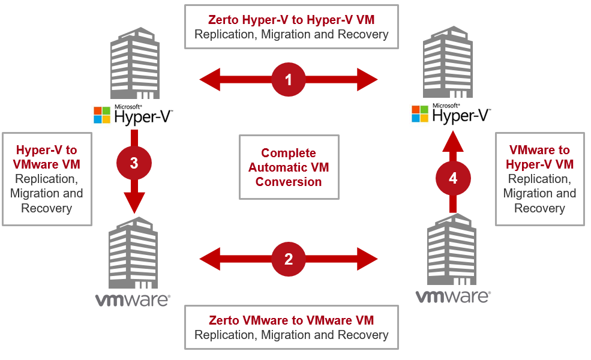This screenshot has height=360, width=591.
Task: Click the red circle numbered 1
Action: click(289, 79)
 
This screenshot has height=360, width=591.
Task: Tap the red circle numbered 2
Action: click(289, 259)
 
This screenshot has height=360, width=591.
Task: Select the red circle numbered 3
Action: click(134, 164)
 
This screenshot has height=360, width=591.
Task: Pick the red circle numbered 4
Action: click(453, 178)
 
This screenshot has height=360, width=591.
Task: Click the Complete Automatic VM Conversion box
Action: click(289, 167)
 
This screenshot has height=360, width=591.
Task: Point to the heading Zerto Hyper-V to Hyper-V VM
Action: click(291, 20)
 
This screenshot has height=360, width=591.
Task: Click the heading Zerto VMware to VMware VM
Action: click(291, 320)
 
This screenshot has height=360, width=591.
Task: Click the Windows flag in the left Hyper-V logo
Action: click(102, 115)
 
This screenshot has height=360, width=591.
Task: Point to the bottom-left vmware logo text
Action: click(133, 299)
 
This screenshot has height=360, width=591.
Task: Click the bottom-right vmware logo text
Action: click(453, 296)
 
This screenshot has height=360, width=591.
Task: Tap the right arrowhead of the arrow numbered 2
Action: click(368, 259)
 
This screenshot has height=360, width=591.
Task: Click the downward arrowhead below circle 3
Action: click(134, 203)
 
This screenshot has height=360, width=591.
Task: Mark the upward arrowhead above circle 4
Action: click(453, 141)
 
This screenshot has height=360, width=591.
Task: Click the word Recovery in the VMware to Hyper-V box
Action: click(539, 208)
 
